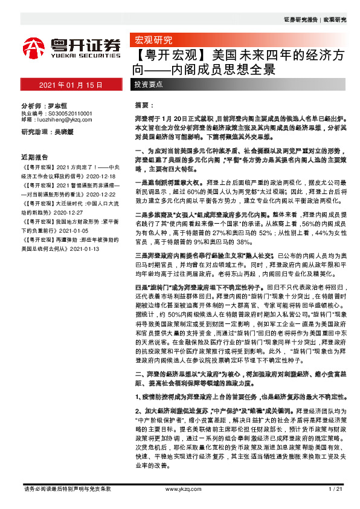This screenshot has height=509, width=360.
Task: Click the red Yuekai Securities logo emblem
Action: point(33,47)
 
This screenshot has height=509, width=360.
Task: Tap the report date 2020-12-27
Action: point(75,197)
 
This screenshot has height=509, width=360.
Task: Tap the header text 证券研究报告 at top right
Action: point(300,19)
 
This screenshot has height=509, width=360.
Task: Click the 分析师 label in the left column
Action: point(31,105)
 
